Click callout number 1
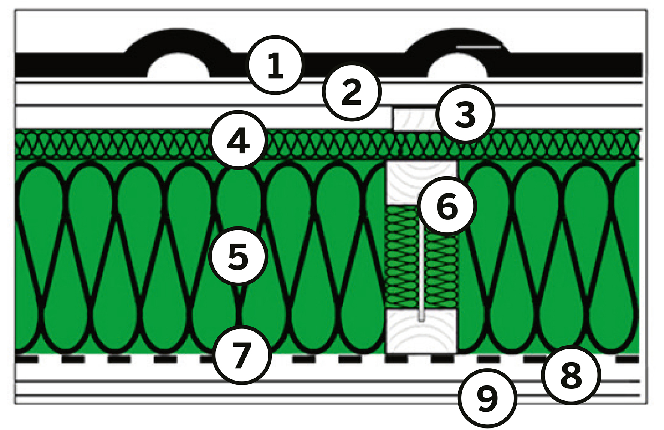(x=275, y=65)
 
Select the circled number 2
(x=352, y=92)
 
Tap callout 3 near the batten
(x=465, y=114)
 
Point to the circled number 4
(x=239, y=140)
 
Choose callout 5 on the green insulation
(x=238, y=256)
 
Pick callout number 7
(x=242, y=355)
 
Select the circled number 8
(x=571, y=375)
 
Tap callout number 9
(x=488, y=398)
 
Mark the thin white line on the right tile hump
(x=478, y=48)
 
